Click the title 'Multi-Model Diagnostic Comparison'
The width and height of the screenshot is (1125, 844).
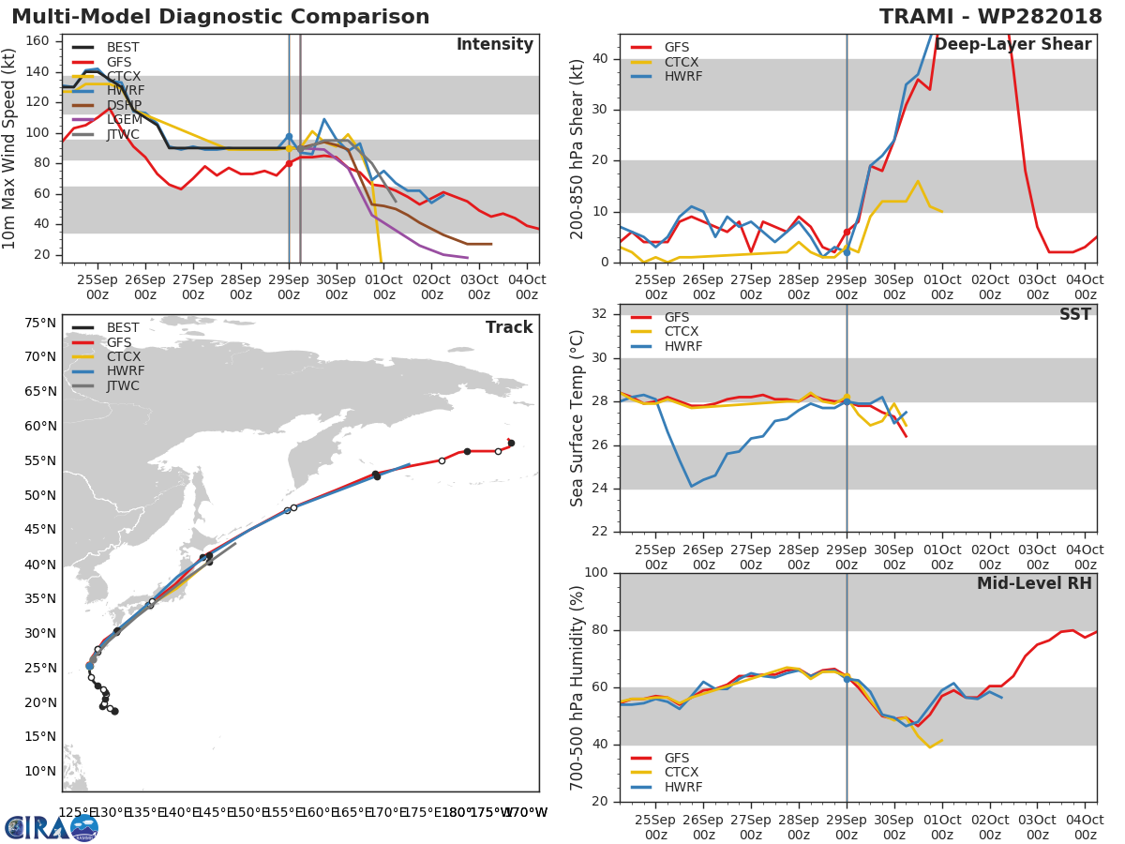coord(220,17)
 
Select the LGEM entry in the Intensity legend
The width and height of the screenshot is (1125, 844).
coord(122,119)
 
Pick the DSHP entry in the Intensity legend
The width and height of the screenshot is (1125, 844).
coord(123,105)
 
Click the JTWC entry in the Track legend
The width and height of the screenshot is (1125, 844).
coord(123,385)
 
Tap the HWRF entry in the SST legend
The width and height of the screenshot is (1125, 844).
coord(682,346)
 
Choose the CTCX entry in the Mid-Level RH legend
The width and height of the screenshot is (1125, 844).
coord(682,773)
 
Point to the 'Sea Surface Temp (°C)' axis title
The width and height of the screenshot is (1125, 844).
coord(578,418)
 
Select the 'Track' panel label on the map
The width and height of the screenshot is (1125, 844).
coord(508,327)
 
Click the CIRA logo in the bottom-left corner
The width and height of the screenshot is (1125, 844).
coord(52,827)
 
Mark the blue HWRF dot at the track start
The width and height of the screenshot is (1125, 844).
coord(89,666)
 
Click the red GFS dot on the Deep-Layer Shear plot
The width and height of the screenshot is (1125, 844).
coord(847,232)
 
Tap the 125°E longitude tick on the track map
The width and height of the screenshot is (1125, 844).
coord(74,812)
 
